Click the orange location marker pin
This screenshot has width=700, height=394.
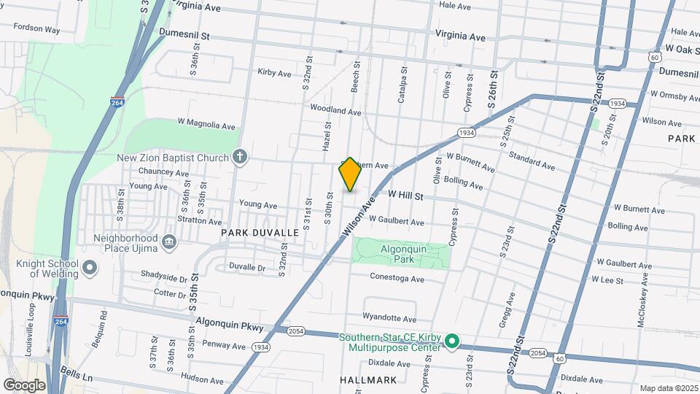tap(350, 174)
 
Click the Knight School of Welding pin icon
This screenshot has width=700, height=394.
tap(90, 269)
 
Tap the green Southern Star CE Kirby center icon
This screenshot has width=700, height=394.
tap(451, 341)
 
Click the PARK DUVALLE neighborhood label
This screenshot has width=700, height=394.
tap(260, 232)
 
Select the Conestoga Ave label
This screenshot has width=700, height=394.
tap(397, 279)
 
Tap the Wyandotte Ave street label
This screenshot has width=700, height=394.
tap(389, 319)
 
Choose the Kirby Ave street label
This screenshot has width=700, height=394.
tap(274, 72)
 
